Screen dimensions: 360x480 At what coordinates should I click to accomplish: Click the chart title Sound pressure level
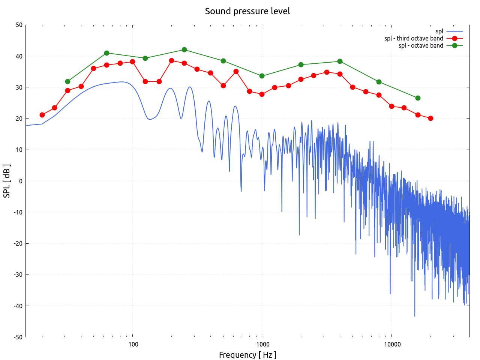click(x=247, y=11)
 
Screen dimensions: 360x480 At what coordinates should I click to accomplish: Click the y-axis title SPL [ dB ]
click(x=7, y=181)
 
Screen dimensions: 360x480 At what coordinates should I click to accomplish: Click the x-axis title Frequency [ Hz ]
click(x=247, y=355)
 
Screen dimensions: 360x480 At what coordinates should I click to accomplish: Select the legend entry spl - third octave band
click(x=414, y=38)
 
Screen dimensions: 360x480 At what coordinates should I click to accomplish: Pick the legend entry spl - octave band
click(x=421, y=45)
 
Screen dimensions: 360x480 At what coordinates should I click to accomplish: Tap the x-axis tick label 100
click(x=133, y=345)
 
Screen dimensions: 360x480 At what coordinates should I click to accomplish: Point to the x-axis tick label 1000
click(x=262, y=345)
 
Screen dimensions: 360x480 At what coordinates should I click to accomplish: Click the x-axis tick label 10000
click(x=392, y=345)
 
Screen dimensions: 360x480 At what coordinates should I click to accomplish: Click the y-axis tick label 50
click(x=19, y=25)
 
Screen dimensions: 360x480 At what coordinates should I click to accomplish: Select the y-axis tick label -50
click(x=18, y=337)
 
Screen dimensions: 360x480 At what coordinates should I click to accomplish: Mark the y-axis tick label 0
click(x=21, y=181)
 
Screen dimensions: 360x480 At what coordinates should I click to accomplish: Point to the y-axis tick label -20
click(x=18, y=243)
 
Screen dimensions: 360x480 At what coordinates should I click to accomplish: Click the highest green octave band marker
click(x=184, y=50)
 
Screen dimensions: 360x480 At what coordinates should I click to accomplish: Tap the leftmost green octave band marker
click(x=67, y=81)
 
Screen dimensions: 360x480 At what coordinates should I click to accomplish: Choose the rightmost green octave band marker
click(x=418, y=98)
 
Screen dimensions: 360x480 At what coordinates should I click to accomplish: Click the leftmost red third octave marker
click(x=42, y=115)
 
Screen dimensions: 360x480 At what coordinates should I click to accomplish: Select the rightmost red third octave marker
click(x=430, y=118)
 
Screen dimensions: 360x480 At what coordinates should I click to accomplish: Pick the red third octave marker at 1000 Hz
click(x=262, y=94)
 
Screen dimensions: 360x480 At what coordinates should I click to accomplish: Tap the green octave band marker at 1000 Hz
click(x=262, y=76)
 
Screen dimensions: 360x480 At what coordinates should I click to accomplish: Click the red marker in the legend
click(x=454, y=38)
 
